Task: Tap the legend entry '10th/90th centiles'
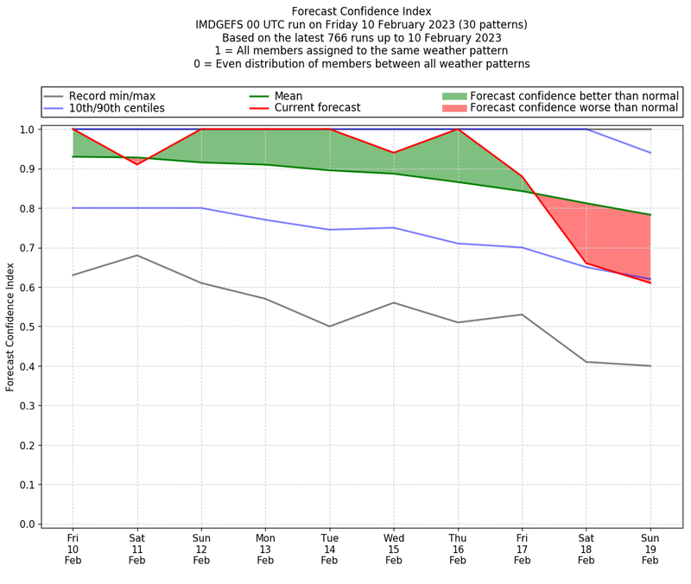(117, 108)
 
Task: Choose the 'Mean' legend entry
(289, 96)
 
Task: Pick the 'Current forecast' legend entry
(317, 108)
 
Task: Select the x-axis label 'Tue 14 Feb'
(329, 548)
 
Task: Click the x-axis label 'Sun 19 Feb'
(650, 548)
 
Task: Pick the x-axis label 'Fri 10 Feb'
(73, 548)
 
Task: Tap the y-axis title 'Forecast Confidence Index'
(10, 327)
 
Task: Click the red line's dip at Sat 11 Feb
(136, 164)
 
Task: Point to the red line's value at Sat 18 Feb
(586, 263)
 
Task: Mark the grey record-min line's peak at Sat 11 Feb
(136, 255)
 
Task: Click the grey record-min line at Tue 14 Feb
(329, 327)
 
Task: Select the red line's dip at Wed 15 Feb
(394, 153)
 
